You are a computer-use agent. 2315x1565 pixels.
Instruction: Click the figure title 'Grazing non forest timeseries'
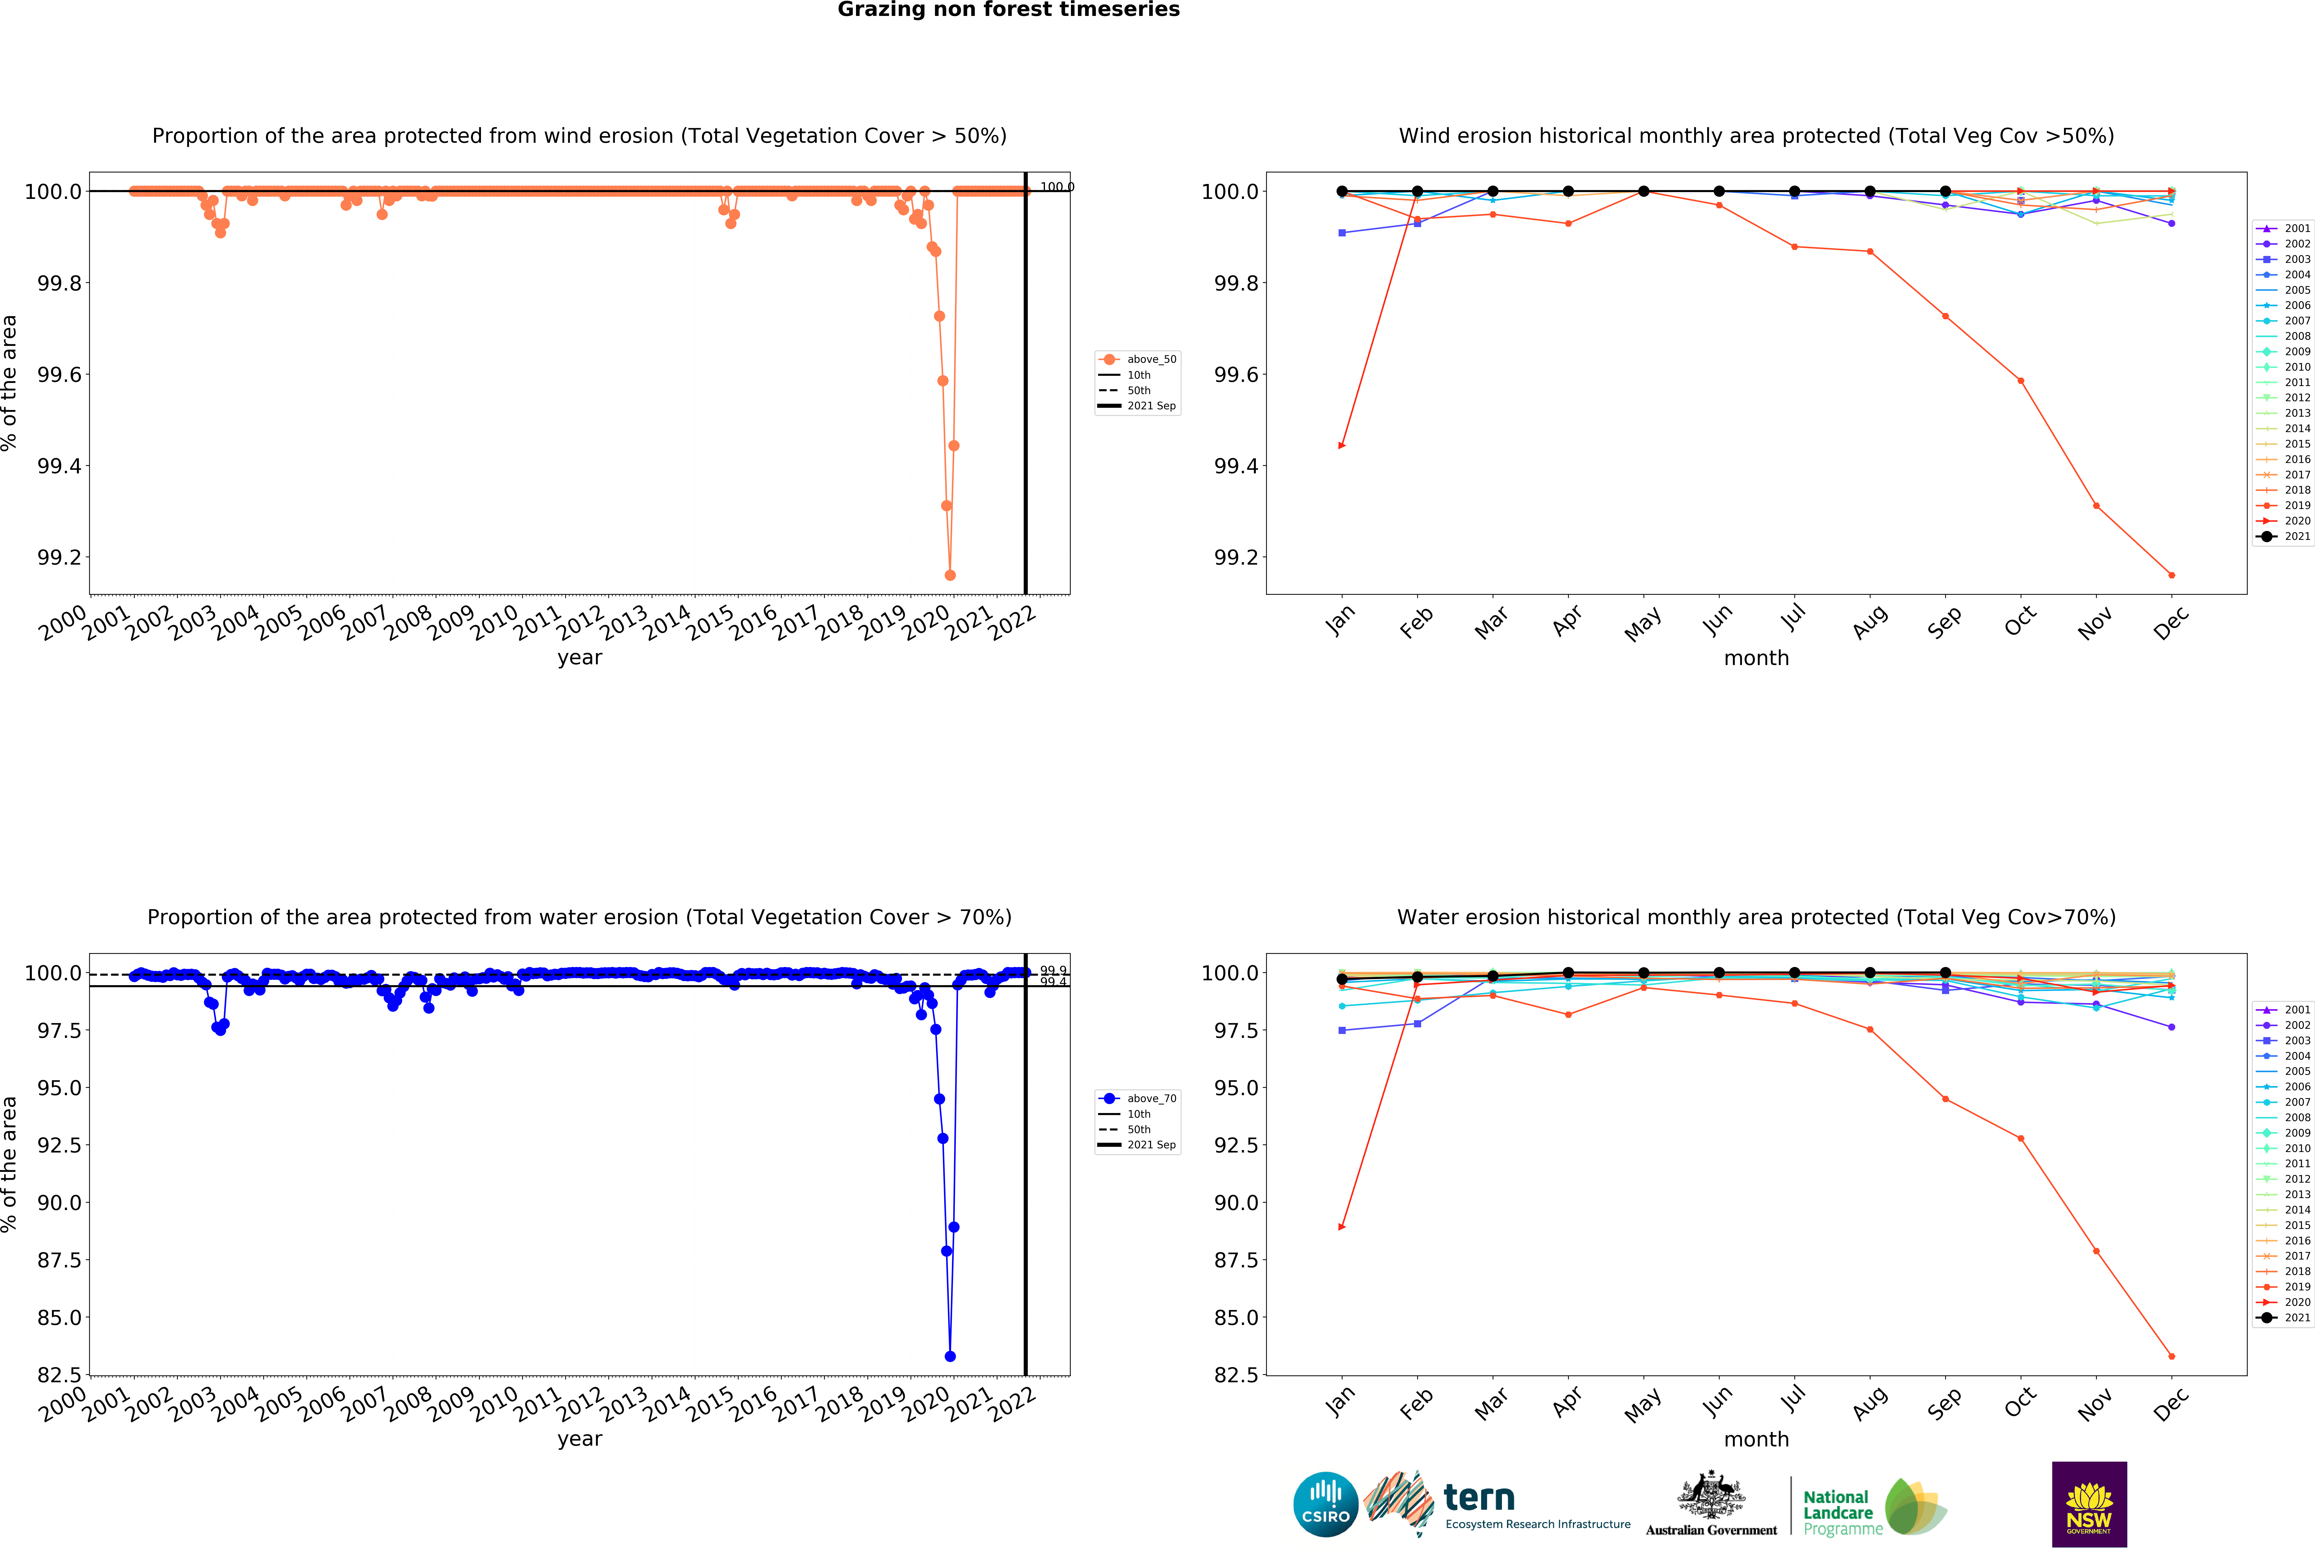pyautogui.click(x=1008, y=10)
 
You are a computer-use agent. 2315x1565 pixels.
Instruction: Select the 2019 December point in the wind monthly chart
pyautogui.click(x=2171, y=575)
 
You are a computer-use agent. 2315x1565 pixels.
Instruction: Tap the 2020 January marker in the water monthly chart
pyautogui.click(x=1342, y=1226)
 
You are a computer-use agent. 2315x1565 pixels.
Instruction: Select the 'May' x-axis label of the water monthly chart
pyautogui.click(x=1643, y=1405)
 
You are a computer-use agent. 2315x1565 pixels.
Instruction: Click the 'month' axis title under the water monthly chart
pyautogui.click(x=1756, y=1440)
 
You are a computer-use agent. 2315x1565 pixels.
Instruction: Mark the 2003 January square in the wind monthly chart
pyautogui.click(x=1342, y=233)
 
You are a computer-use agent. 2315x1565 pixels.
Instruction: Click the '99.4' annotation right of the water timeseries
pyautogui.click(x=1053, y=982)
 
